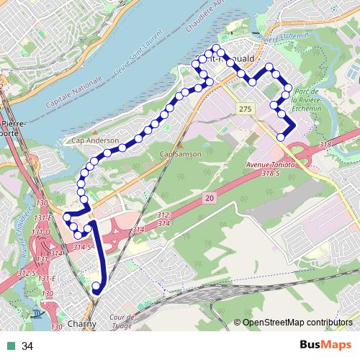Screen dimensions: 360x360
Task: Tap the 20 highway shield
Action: coord(209,197)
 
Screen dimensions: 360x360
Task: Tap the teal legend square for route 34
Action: coord(11,346)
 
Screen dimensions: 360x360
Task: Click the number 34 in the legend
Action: coord(27,346)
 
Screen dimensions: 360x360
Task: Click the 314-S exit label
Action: coord(84,248)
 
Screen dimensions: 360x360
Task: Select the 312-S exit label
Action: coord(27,273)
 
